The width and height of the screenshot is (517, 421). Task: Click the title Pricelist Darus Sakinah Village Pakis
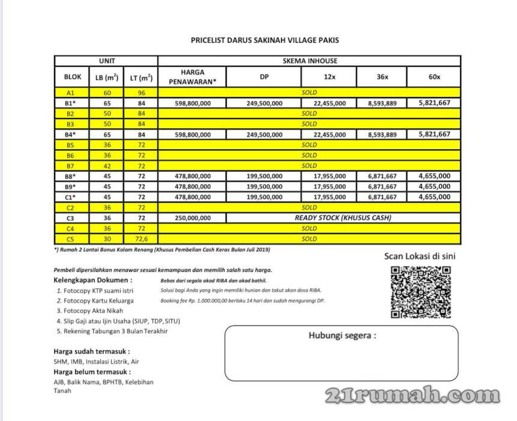pyautogui.click(x=265, y=41)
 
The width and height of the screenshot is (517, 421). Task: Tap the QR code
pyautogui.click(x=420, y=292)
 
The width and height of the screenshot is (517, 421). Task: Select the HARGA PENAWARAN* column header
pyautogui.click(x=193, y=76)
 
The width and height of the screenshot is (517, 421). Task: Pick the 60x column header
pyautogui.click(x=434, y=76)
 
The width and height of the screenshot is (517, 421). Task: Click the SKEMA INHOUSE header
pyautogui.click(x=309, y=61)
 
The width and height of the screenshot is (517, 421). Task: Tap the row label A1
pyautogui.click(x=70, y=93)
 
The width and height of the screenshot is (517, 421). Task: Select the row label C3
pyautogui.click(x=70, y=218)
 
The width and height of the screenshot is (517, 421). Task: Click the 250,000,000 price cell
pyautogui.click(x=193, y=218)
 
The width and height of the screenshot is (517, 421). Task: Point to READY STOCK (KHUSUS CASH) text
pyautogui.click(x=343, y=218)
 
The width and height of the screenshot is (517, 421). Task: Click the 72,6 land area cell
pyautogui.click(x=142, y=239)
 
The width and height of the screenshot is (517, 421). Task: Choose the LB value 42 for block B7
pyautogui.click(x=107, y=165)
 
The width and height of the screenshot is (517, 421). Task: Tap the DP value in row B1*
pyautogui.click(x=264, y=103)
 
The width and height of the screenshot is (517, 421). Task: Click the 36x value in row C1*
pyautogui.click(x=382, y=197)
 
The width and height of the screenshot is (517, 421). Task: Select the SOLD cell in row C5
pyautogui.click(x=309, y=239)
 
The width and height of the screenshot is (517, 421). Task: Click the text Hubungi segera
pyautogui.click(x=342, y=336)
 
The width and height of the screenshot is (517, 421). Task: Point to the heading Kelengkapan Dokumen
pyautogui.click(x=93, y=280)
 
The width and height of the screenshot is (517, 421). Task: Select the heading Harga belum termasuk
pyautogui.click(x=92, y=372)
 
